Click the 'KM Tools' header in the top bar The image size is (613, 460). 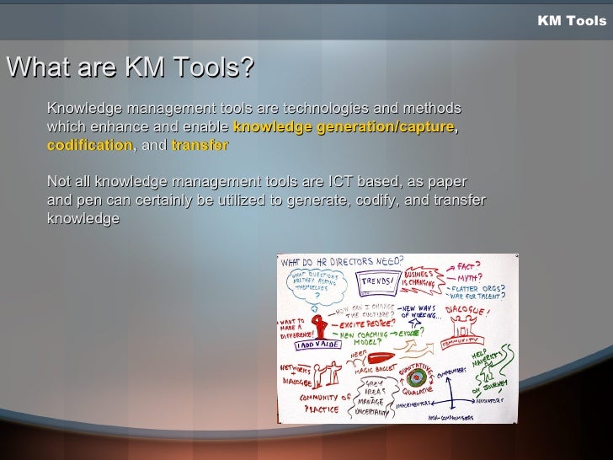[571, 20]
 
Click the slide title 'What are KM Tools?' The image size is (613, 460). [130, 67]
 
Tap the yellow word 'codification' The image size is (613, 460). [89, 145]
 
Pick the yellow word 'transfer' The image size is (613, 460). [200, 145]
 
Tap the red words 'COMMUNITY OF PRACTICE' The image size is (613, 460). [316, 404]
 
